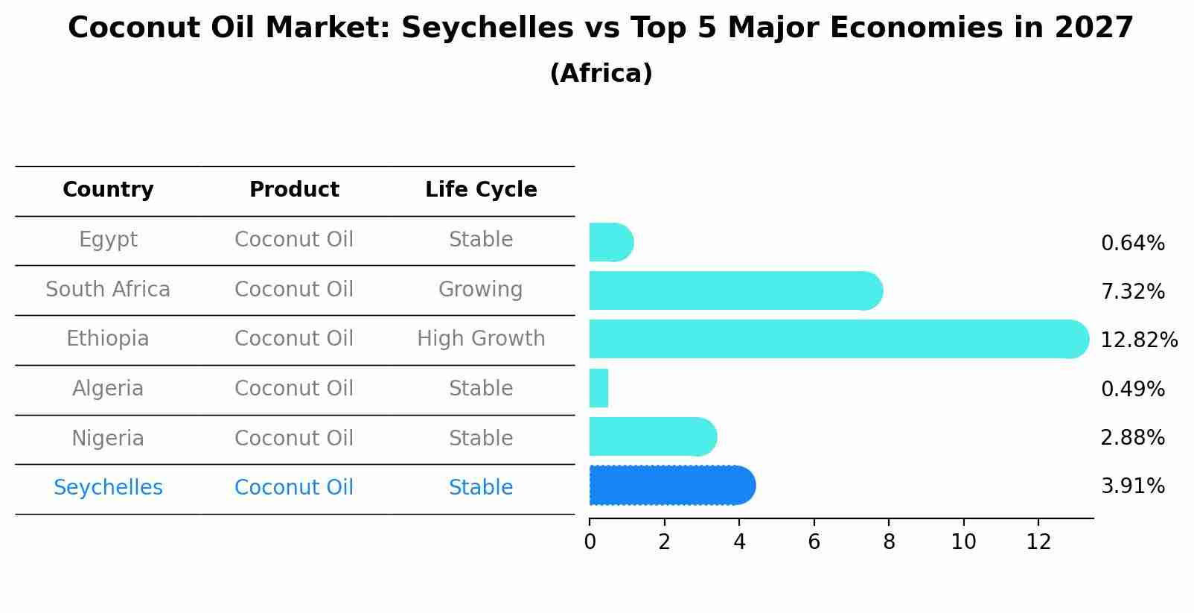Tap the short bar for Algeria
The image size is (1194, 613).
pyautogui.click(x=598, y=388)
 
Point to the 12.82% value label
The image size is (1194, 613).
pyautogui.click(x=1138, y=340)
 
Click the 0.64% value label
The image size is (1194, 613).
pyautogui.click(x=1132, y=244)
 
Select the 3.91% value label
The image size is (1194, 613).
pyautogui.click(x=1132, y=486)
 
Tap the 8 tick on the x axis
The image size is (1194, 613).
pyautogui.click(x=889, y=541)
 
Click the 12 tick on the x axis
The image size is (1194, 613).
pyautogui.click(x=1038, y=541)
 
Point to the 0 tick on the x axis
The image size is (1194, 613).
pyautogui.click(x=590, y=541)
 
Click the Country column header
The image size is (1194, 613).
pyautogui.click(x=108, y=190)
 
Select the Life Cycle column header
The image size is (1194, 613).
pyautogui.click(x=481, y=190)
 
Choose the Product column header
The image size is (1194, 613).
pyautogui.click(x=294, y=190)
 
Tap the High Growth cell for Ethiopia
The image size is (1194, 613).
pyautogui.click(x=481, y=339)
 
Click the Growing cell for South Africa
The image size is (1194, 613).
pyautogui.click(x=480, y=290)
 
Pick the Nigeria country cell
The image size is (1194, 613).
pyautogui.click(x=108, y=438)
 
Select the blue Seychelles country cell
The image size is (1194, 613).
pyautogui.click(x=108, y=488)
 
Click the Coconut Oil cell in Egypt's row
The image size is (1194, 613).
pyautogui.click(x=294, y=240)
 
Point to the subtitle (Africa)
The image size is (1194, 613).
pyautogui.click(x=601, y=74)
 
